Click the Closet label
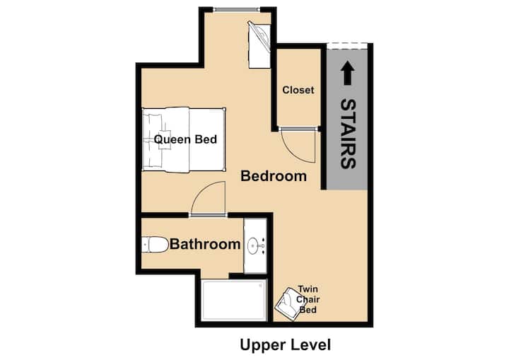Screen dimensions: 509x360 tap(298, 90)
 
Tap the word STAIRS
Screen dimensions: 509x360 tap(348, 134)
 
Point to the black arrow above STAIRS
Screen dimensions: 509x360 tap(348, 73)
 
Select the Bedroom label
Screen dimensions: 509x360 tap(274, 176)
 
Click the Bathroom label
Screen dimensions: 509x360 tap(205, 244)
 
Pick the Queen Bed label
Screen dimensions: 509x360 tap(185, 139)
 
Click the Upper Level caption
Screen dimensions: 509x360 tap(286, 344)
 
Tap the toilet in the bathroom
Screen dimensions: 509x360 tap(155, 244)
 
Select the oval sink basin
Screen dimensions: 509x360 tap(252, 245)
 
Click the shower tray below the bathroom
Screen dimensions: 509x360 tap(233, 300)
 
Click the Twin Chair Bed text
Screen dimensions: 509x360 tap(308, 299)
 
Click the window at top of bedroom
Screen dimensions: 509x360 tap(238, 10)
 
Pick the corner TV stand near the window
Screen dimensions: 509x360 tap(259, 45)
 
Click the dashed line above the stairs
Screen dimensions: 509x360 tap(347, 46)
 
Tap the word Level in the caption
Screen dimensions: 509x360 tap(312, 344)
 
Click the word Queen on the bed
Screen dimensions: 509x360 tap(170, 140)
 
